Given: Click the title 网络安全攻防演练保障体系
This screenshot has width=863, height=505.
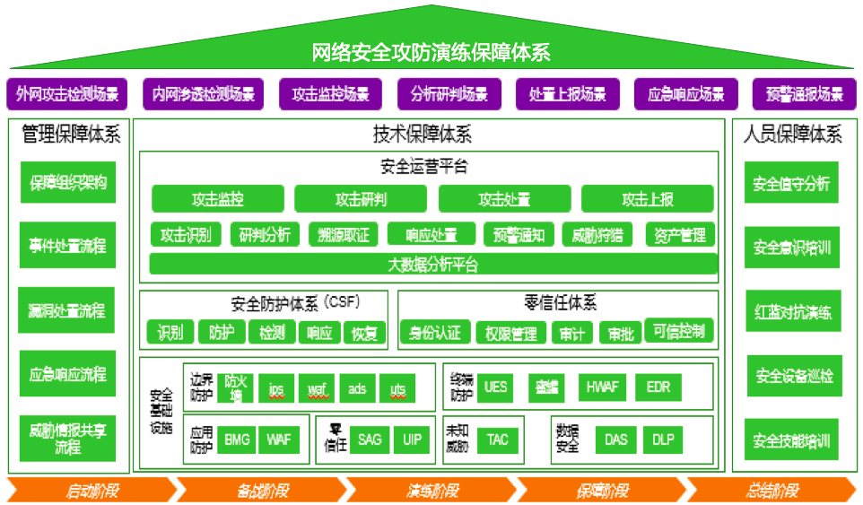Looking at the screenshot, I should pos(431,51).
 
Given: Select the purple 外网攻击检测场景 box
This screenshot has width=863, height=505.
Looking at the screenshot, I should pos(67,93).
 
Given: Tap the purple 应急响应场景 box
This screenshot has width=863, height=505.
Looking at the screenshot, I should pos(685,93).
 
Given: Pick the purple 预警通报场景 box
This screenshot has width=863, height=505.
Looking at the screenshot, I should pos(804,93).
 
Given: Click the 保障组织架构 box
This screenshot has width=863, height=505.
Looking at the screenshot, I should pos(68,183).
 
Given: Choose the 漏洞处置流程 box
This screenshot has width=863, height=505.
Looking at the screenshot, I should pos(68,310).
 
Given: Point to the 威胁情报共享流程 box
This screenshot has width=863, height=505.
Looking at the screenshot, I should pos(68,438).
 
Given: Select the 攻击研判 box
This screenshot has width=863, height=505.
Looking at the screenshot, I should pos(361,198).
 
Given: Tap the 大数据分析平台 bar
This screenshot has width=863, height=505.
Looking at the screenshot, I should pos(433,265).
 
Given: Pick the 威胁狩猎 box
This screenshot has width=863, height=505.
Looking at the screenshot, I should pos(597,235).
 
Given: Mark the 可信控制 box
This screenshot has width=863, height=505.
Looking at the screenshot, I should pos(679,331).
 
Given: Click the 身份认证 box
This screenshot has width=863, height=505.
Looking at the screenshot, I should pos(434,334).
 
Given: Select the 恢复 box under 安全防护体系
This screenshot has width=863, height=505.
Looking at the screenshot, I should pos(364,334).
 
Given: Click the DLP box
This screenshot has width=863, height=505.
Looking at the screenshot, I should pos(663,440).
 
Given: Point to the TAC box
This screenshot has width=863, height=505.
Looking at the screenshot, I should pos(498,440).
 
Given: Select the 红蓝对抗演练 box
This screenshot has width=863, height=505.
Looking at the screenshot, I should pos(792,312).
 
